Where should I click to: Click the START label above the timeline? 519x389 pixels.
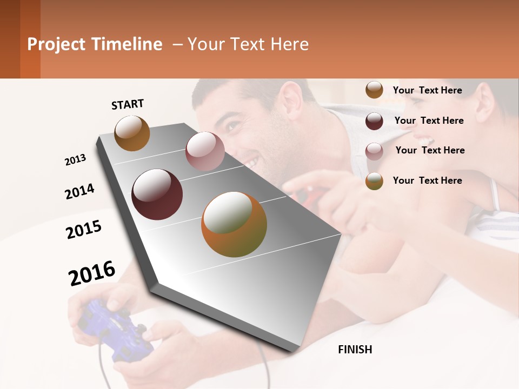[x=128, y=104]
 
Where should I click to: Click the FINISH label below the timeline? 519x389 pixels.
[x=355, y=350]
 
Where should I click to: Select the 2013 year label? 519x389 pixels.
[x=76, y=160]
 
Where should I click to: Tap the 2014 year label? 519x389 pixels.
[x=79, y=191]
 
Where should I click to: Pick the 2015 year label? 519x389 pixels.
[x=84, y=230]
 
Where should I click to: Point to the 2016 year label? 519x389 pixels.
[x=92, y=273]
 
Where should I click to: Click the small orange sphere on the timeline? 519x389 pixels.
[x=132, y=133]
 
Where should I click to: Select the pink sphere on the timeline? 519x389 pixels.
[x=205, y=151]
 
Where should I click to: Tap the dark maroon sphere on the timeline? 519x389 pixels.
[x=157, y=194]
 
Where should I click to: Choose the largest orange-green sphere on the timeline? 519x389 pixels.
[x=234, y=224]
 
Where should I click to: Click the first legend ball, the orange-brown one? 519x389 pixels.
[x=374, y=90]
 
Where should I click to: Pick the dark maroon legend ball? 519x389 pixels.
[x=374, y=121]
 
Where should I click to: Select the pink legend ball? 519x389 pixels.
[x=374, y=151]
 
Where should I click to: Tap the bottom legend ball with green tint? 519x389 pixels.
[x=374, y=181]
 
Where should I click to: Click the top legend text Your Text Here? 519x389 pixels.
[x=427, y=90]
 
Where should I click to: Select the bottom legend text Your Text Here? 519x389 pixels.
[x=427, y=180]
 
